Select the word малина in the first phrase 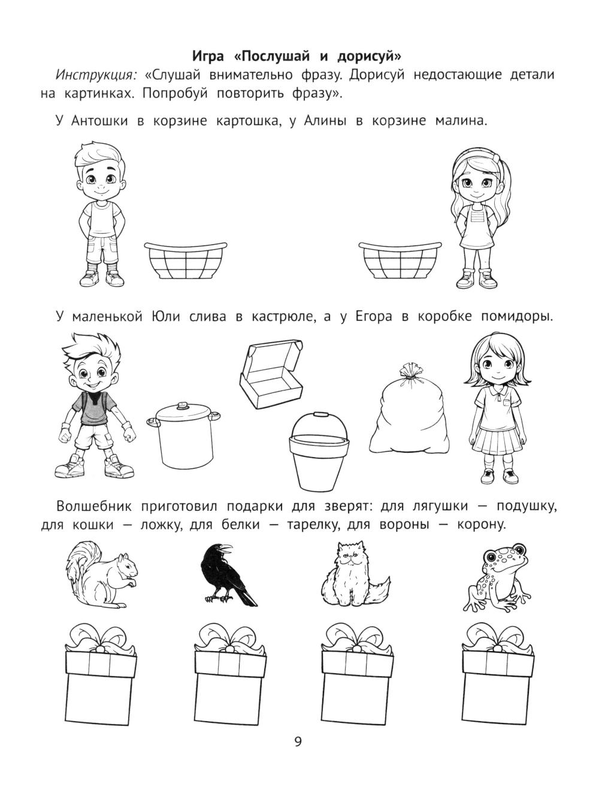[461, 120]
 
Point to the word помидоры [516, 317]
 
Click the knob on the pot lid [183, 406]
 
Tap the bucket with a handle [319, 450]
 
